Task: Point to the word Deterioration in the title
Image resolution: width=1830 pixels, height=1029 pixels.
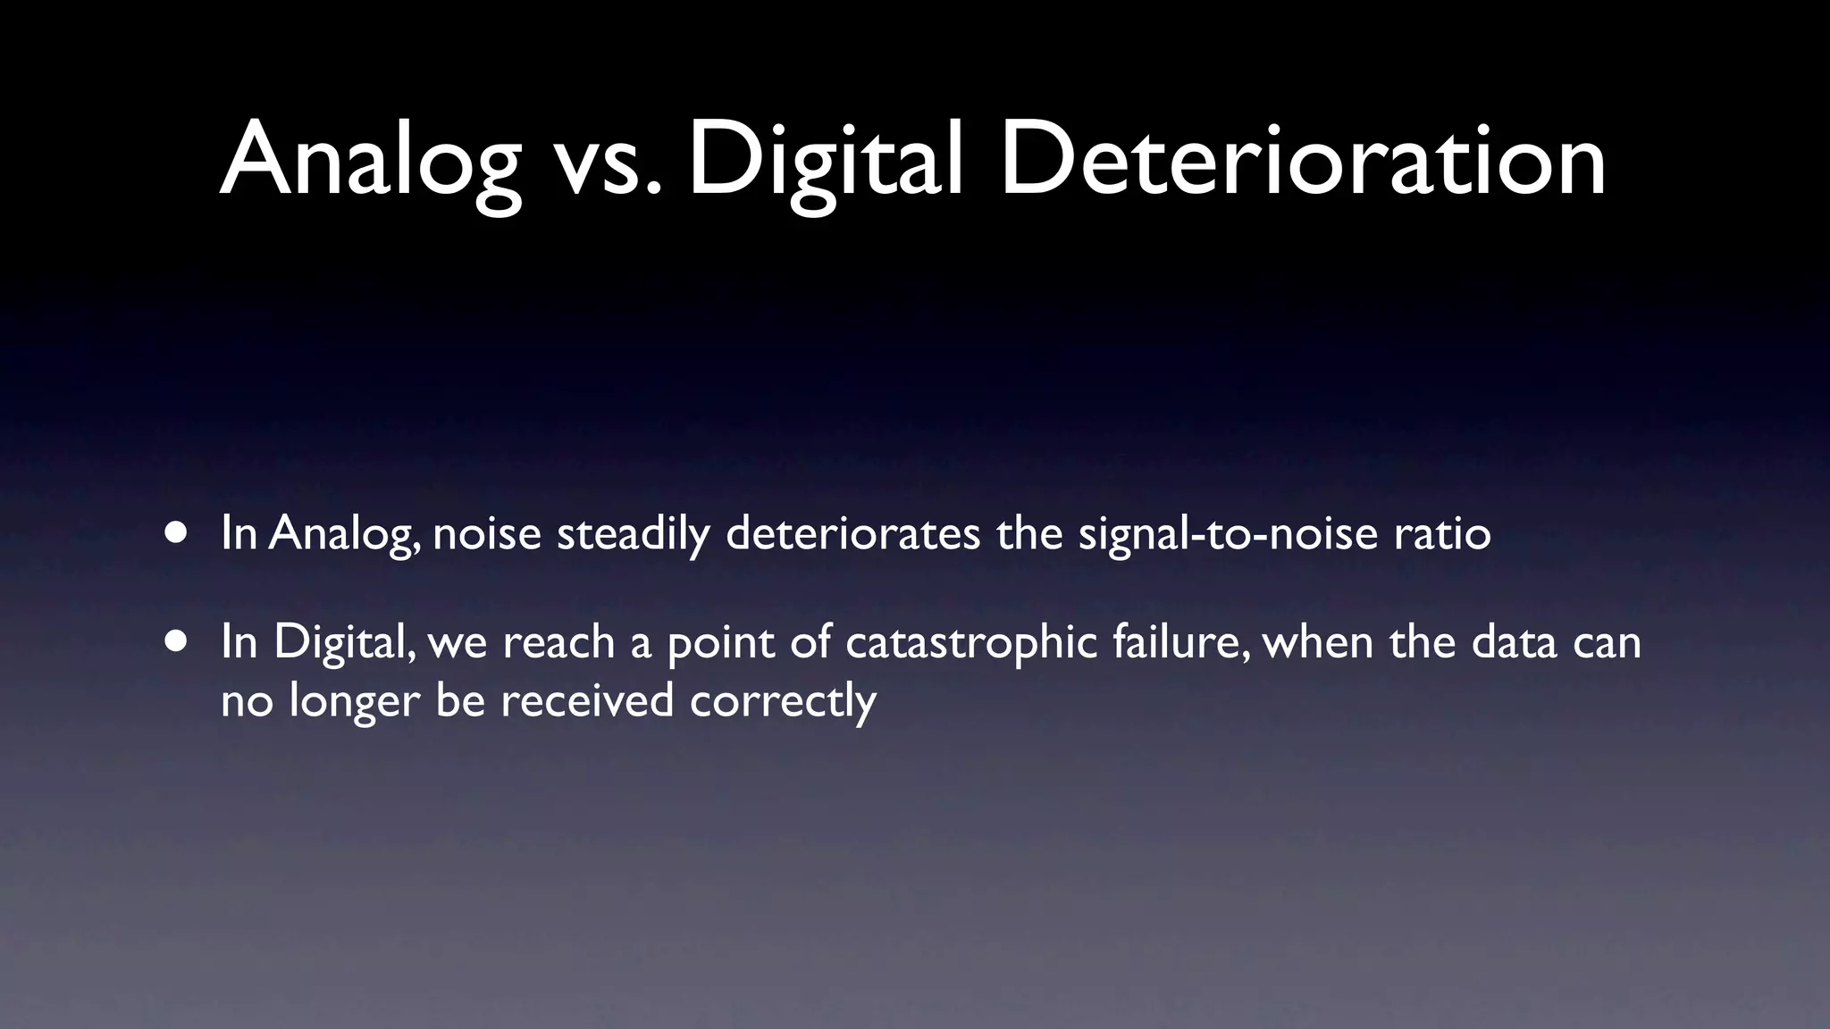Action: pos(1303,162)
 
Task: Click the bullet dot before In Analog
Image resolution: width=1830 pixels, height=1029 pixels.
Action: pos(176,532)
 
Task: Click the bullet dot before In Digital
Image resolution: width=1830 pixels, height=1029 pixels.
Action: pos(176,640)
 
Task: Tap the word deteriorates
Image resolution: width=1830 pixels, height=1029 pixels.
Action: pos(853,533)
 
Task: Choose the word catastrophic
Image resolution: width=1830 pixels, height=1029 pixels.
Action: pos(971,642)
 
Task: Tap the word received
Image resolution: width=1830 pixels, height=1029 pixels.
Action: pos(587,699)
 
